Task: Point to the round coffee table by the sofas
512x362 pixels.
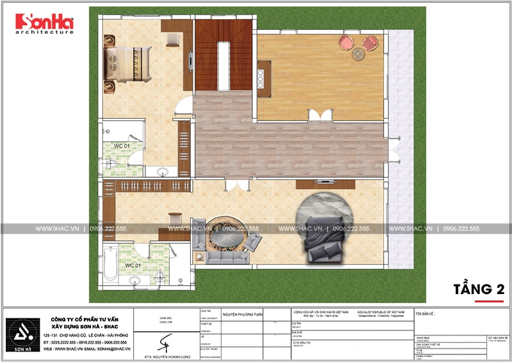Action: (x=225, y=236)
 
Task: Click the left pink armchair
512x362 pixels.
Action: (x=346, y=43)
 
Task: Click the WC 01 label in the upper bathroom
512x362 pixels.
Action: (x=122, y=146)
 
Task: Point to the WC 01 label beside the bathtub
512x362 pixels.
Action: (x=132, y=265)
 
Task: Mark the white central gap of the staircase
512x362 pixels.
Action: (x=223, y=66)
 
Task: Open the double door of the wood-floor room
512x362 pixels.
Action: (x=319, y=115)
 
